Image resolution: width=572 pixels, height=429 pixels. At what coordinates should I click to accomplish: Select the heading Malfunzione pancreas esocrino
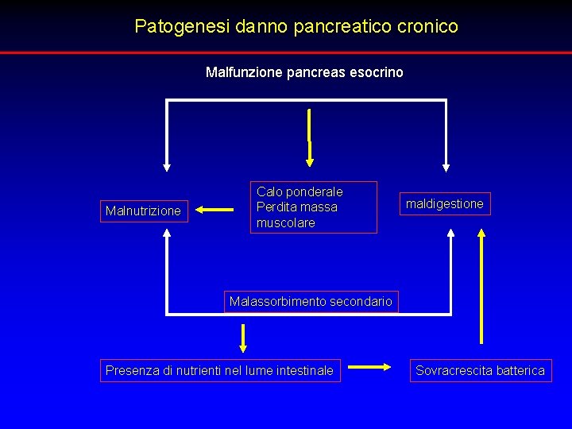pyautogui.click(x=304, y=72)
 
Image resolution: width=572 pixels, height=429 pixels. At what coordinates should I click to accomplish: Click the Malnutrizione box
pyautogui.click(x=144, y=211)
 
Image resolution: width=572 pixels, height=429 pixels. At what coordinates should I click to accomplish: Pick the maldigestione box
pyautogui.click(x=444, y=204)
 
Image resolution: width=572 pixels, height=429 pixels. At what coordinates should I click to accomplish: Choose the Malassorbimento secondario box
pyautogui.click(x=311, y=301)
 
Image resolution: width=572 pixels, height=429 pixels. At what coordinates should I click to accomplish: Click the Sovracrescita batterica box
pyautogui.click(x=480, y=370)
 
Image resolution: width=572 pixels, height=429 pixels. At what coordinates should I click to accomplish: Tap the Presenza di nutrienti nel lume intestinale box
pyautogui.click(x=219, y=370)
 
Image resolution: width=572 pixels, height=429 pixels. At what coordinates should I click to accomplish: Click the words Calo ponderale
pyautogui.click(x=300, y=191)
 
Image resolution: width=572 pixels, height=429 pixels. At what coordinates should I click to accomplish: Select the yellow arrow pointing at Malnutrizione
pyautogui.click(x=212, y=211)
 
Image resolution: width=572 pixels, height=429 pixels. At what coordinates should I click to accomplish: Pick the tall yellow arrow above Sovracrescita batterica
pyautogui.click(x=481, y=286)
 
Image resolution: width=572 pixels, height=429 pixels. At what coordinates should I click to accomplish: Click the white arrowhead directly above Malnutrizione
pyautogui.click(x=167, y=167)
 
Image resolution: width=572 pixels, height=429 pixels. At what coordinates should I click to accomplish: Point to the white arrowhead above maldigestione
pyautogui.click(x=446, y=167)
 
